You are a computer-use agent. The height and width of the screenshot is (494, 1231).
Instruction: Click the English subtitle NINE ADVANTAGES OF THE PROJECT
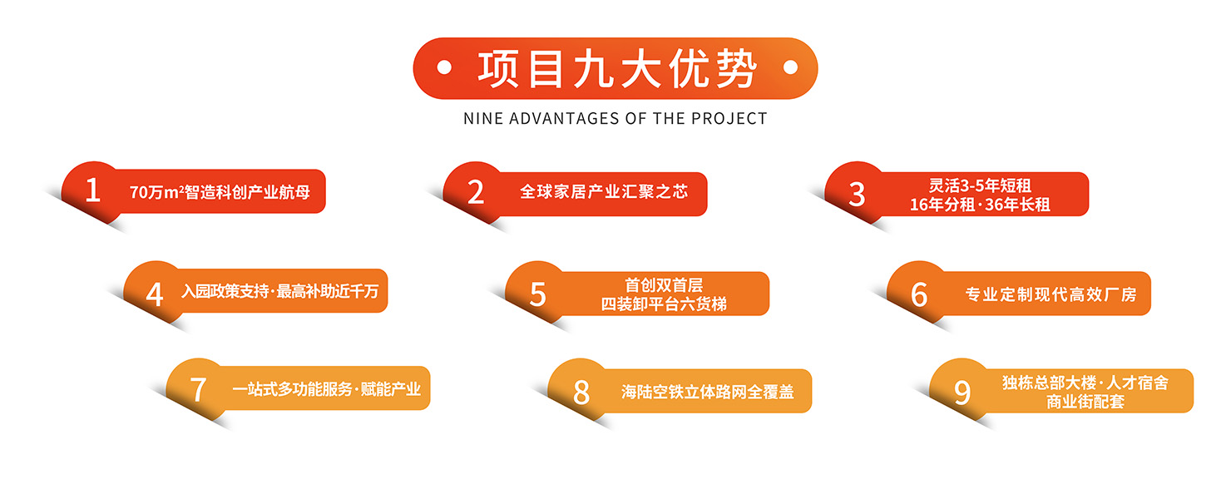615,119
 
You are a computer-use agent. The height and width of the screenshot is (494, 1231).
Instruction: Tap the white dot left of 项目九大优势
444,68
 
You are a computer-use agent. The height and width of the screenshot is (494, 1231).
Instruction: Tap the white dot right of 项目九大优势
790,67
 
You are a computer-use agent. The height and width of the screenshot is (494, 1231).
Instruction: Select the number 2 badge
476,192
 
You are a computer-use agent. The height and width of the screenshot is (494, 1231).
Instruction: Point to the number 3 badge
857,194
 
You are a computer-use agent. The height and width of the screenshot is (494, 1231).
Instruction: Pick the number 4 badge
155,294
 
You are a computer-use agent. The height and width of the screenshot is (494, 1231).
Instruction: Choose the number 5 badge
537,294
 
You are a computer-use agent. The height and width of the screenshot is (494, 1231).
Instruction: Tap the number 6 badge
919,294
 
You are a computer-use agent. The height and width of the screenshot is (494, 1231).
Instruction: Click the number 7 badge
198,389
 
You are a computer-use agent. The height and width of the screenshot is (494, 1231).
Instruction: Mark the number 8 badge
581,392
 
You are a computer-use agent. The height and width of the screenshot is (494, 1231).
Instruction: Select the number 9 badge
962,393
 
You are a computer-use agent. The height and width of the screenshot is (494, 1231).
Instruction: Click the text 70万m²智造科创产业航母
220,192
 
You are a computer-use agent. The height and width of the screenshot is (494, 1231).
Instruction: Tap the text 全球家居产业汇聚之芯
604,192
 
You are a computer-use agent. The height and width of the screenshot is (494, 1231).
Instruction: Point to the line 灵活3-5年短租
980,185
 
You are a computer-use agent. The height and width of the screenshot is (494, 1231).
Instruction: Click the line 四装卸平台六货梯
664,304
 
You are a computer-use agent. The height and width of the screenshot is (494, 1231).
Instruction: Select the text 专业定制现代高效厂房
1051,294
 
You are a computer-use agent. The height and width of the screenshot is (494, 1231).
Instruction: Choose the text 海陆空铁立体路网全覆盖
708,392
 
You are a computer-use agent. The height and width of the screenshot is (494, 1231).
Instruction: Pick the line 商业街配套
1085,402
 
